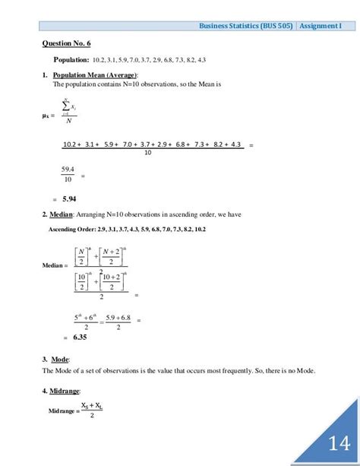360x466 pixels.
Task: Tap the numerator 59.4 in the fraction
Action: tap(68, 169)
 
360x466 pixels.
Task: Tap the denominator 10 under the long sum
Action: tap(147, 152)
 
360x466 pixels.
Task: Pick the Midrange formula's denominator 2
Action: tap(92, 415)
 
